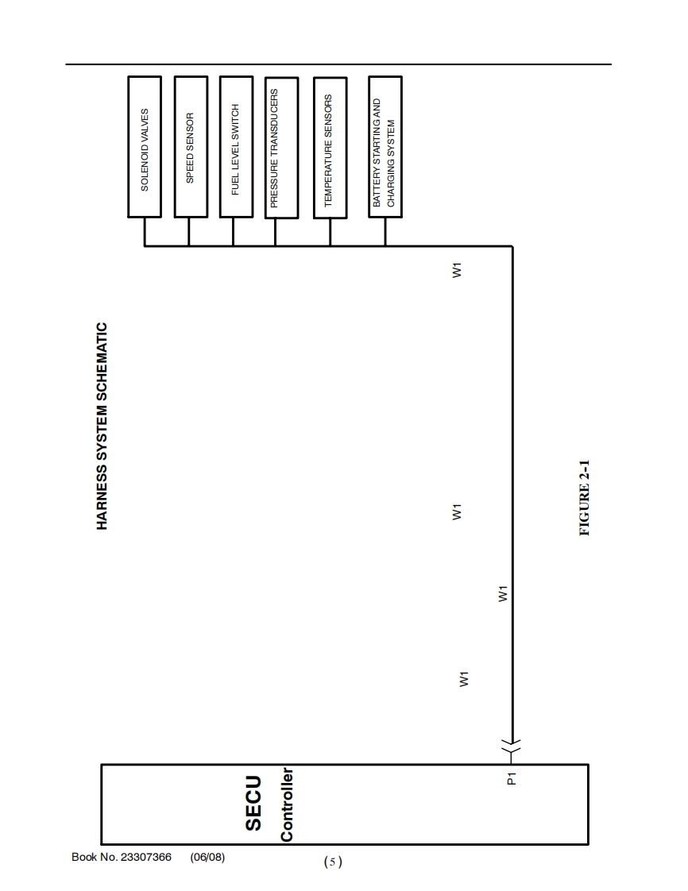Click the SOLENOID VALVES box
(145, 146)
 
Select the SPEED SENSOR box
(190, 146)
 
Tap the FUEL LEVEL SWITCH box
(235, 146)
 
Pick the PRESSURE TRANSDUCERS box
(281, 148)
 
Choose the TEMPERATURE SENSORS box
(330, 146)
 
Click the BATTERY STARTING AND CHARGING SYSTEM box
(385, 146)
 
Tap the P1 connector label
(512, 779)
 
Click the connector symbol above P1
(512, 747)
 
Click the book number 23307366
(145, 857)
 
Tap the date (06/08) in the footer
(207, 857)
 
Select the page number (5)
(333, 862)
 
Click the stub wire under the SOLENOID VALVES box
(145, 232)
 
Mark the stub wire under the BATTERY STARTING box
(385, 232)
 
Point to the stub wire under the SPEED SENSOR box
(189, 232)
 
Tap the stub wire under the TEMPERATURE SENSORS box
(330, 232)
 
